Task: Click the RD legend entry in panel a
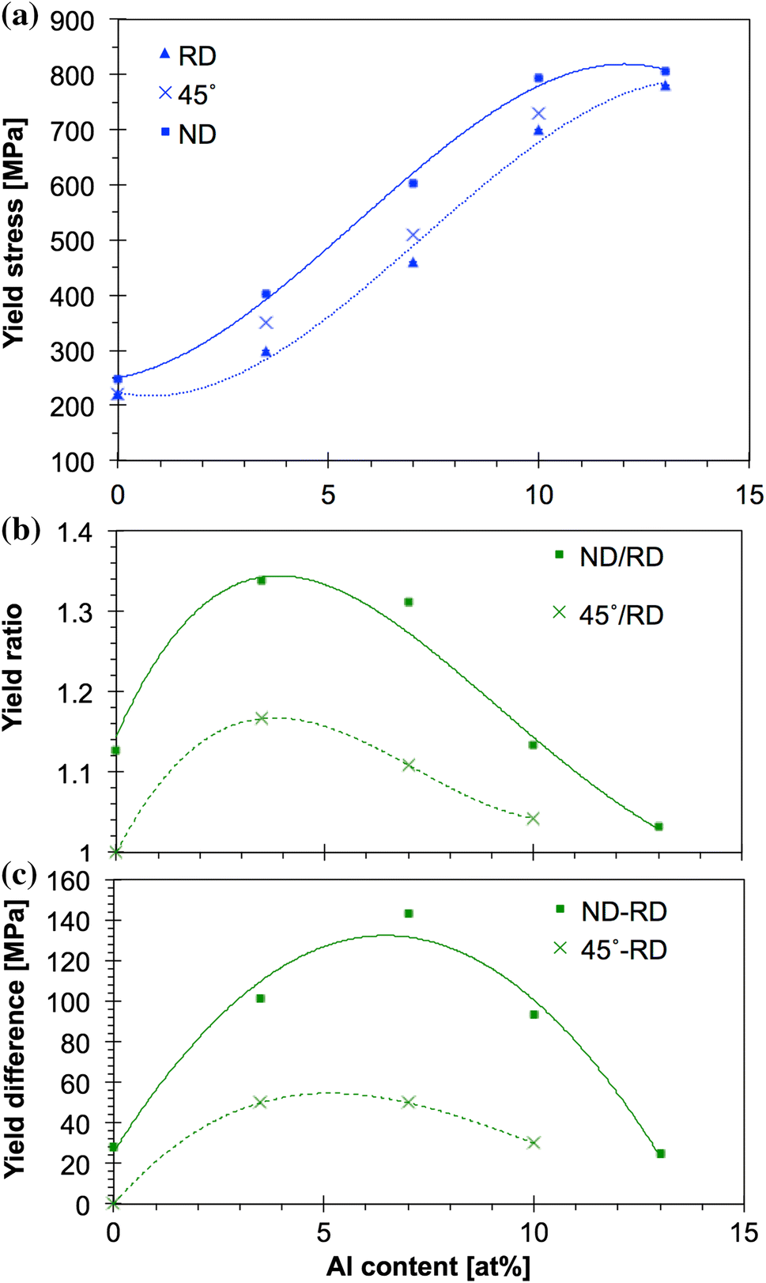188,56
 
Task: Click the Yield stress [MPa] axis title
13,233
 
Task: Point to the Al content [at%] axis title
428,1266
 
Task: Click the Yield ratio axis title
13,668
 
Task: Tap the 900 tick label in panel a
73,21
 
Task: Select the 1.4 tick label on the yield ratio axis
75,532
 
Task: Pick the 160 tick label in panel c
70,880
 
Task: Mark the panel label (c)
20,875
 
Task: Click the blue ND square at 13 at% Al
665,72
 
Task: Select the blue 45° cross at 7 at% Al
413,235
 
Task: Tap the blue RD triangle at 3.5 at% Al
266,352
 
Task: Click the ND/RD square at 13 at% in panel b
658,827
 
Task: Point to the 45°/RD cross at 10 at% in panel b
533,818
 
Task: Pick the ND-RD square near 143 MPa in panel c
409,914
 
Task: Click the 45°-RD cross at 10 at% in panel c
534,1142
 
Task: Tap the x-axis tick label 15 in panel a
749,496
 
